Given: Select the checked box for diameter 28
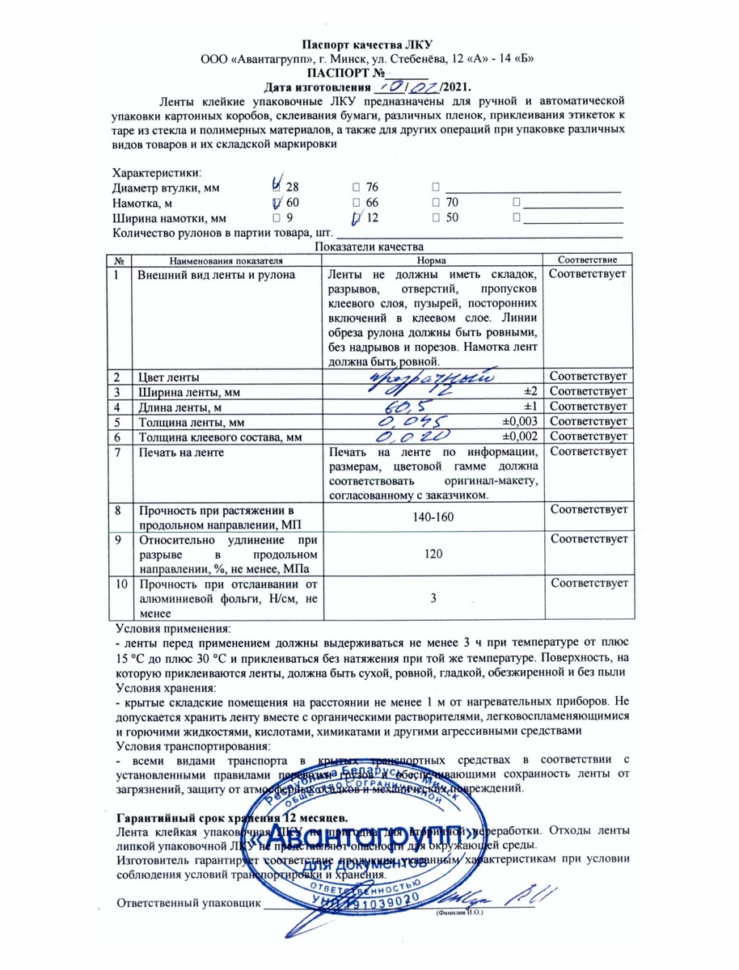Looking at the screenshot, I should [280, 187].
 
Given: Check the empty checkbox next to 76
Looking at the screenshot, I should [357, 188].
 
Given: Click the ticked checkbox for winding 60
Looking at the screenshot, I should [279, 203].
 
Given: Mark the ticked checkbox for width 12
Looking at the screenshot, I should [357, 218].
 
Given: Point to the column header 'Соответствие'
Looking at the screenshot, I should [588, 260].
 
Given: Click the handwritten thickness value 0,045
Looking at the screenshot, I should [410, 421].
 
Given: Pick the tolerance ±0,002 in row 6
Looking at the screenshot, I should [520, 436].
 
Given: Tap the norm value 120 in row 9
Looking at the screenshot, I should [433, 557].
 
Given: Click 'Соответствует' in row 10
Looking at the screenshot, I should [588, 583].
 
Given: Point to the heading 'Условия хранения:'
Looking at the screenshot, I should [166, 687].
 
